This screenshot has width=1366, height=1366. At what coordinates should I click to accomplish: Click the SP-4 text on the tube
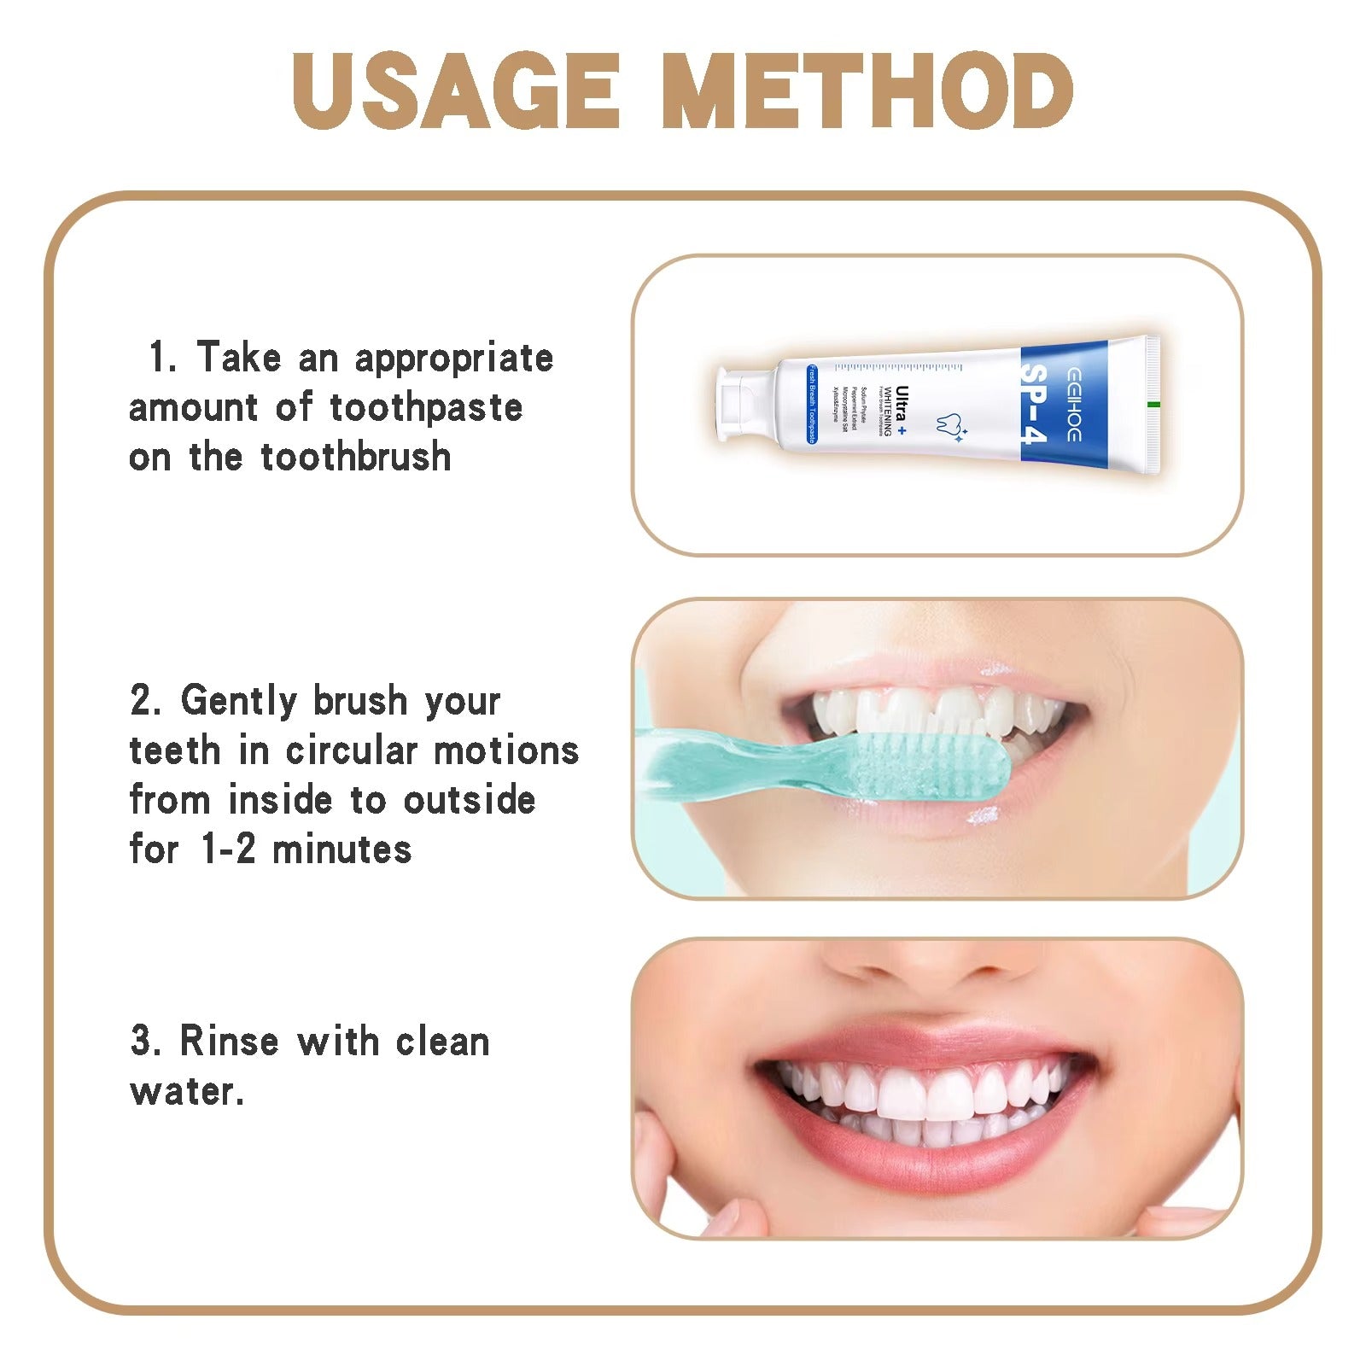pyautogui.click(x=1034, y=405)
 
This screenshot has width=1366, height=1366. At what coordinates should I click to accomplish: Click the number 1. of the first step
pyautogui.click(x=162, y=357)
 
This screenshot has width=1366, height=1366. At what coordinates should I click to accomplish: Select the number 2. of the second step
pyautogui.click(x=146, y=701)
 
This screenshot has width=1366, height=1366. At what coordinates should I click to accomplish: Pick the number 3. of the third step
pyautogui.click(x=145, y=1042)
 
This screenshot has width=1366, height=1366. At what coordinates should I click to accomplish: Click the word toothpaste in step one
pyautogui.click(x=426, y=408)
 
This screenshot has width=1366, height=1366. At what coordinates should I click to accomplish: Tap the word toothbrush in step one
pyautogui.click(x=356, y=458)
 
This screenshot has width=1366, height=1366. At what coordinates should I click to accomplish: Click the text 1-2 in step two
pyautogui.click(x=228, y=850)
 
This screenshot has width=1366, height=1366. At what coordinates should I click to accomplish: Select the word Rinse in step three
pyautogui.click(x=229, y=1042)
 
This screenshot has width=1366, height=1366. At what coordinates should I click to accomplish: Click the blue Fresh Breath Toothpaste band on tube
pyautogui.click(x=812, y=405)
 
